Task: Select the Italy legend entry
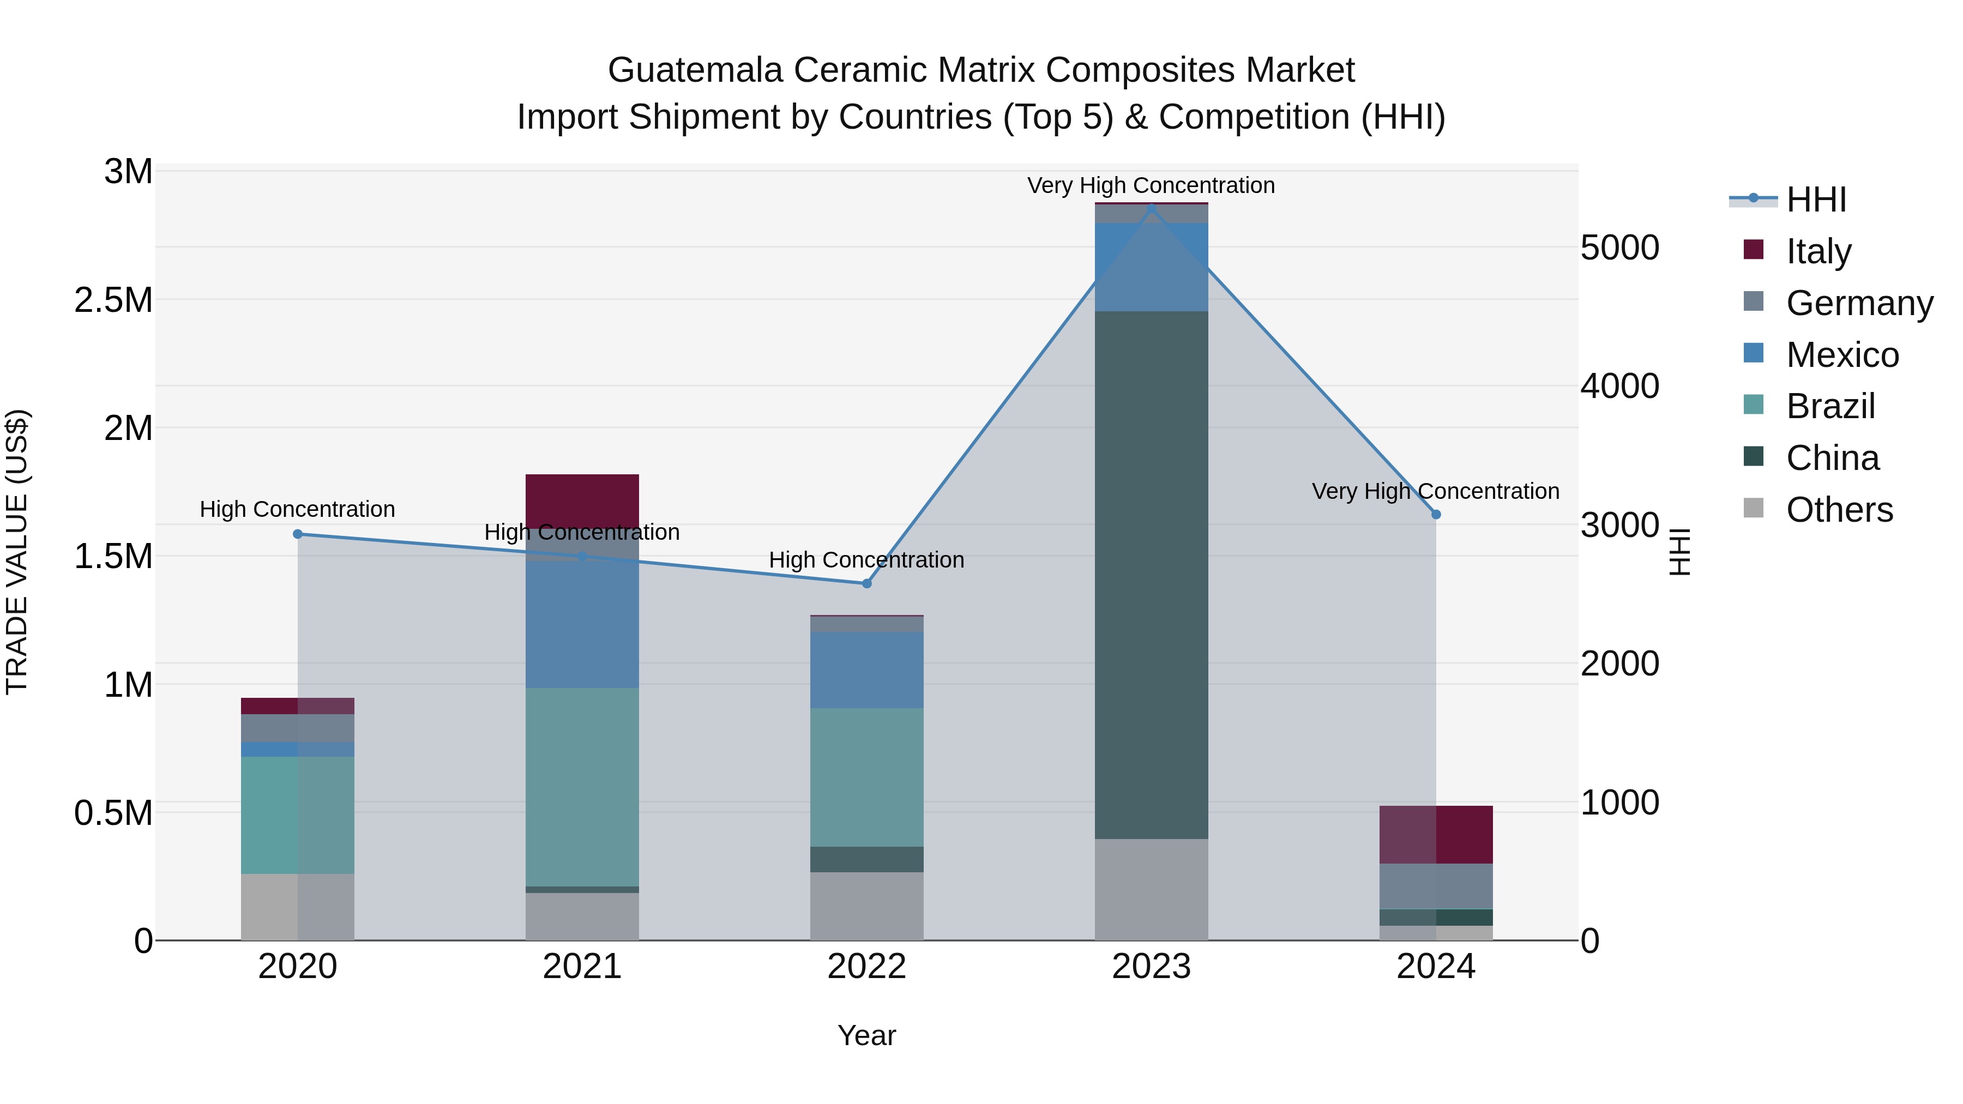[1817, 251]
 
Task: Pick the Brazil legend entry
[1829, 406]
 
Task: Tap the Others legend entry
[1838, 510]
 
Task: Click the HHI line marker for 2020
[298, 534]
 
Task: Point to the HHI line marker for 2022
[866, 583]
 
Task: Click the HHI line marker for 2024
[1436, 514]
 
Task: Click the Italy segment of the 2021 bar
[582, 499]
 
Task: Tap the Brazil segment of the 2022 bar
[866, 777]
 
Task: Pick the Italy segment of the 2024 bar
[1436, 834]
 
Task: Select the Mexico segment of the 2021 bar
[582, 625]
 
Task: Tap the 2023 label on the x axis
[1151, 967]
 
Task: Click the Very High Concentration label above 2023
[1151, 185]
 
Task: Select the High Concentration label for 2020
[298, 509]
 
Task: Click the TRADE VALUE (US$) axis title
[17, 552]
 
